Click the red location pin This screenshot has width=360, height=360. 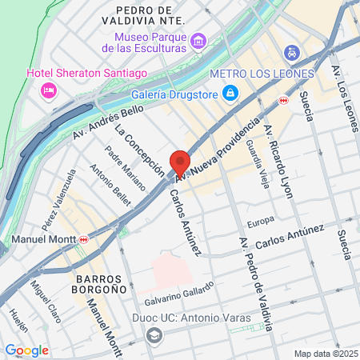tap(179, 162)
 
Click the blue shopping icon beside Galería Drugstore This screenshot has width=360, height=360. tap(230, 94)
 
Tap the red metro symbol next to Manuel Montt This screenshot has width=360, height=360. tap(83, 239)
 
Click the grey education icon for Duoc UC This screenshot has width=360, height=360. tap(154, 334)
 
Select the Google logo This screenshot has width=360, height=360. tap(27, 350)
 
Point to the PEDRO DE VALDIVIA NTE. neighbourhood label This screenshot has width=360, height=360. tap(145, 15)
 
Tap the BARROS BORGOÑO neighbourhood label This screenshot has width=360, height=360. tap(98, 286)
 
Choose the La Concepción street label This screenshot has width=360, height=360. tap(139, 150)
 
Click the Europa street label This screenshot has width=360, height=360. tap(261, 220)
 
